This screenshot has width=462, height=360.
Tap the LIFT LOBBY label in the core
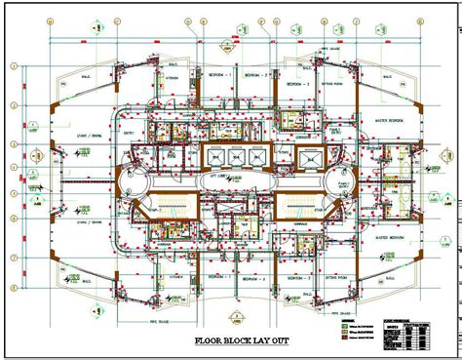coord(230,176)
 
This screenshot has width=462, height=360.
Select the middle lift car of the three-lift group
coord(231,157)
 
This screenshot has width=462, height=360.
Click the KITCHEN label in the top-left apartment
coord(173,79)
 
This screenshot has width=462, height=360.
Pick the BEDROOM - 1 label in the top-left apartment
coord(225,74)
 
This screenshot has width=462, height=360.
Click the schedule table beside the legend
coord(405,332)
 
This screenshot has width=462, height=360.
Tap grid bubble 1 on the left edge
coord(14,66)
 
